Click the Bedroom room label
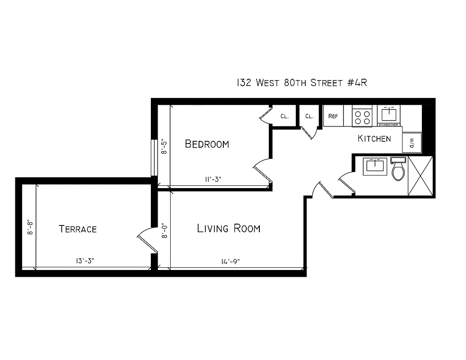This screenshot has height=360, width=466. (x=207, y=144)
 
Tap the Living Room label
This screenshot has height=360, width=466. (x=229, y=229)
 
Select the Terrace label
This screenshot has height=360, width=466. (x=78, y=229)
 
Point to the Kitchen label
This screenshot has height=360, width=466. (x=374, y=139)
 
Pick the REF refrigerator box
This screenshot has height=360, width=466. (x=333, y=116)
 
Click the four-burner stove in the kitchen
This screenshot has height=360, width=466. (x=362, y=116)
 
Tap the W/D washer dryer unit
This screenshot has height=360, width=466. (x=412, y=143)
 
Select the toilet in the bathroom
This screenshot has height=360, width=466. (x=398, y=169)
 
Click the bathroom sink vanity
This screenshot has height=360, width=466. (x=375, y=166)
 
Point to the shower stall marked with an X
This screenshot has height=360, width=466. (x=420, y=176)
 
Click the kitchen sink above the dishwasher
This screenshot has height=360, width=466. (x=388, y=113)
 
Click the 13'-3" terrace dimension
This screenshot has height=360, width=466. (x=85, y=261)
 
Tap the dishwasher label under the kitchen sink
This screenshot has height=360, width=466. (x=388, y=125)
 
